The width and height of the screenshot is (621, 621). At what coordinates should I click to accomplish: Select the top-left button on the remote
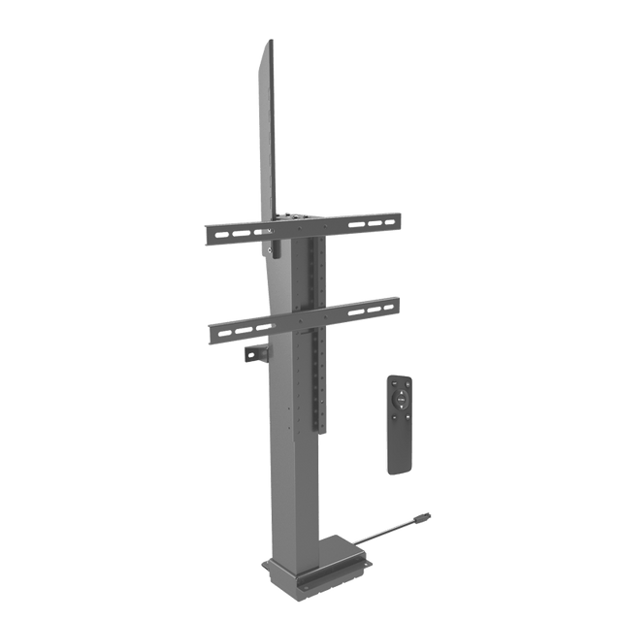pyautogui.click(x=391, y=379)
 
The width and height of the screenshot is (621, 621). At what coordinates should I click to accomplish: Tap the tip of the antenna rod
pyautogui.click(x=424, y=517)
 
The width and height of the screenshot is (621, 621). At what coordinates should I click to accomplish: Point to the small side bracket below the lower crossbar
pyautogui.click(x=254, y=356)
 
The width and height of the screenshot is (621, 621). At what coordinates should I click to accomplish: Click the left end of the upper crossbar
pyautogui.click(x=209, y=237)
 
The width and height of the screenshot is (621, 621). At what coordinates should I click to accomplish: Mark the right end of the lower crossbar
pyautogui.click(x=397, y=305)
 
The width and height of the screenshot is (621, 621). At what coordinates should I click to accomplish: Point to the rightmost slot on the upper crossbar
pyautogui.click(x=387, y=222)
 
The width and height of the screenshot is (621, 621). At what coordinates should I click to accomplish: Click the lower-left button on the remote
pyautogui.click(x=393, y=409)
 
